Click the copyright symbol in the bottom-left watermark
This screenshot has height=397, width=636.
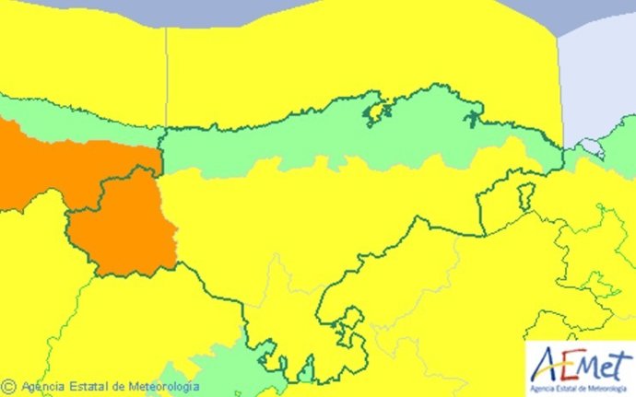tap(9, 387)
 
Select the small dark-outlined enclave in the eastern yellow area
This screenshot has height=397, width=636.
tap(525, 196)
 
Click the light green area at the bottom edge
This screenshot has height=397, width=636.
tap(221, 368)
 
